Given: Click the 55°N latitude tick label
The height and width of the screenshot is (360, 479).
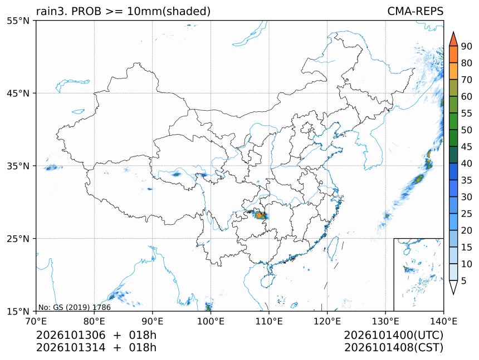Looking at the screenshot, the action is tap(18, 21).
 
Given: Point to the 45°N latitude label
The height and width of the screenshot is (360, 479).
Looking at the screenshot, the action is tap(18, 93).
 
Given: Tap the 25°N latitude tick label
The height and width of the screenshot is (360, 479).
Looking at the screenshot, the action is tap(18, 239).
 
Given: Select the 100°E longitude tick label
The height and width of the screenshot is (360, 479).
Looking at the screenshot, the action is tap(211, 321).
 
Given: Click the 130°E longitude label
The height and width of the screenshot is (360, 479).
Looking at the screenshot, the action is tap(385, 321).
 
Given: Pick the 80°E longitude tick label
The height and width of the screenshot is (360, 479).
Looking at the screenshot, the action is tap(94, 321).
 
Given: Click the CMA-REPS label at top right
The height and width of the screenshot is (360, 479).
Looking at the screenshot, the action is tap(415, 11).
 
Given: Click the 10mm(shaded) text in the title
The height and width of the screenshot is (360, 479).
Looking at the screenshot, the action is tap(169, 12).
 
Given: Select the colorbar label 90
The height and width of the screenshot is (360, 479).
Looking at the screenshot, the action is tap(467, 46).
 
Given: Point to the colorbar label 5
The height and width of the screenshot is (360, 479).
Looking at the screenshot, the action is tap(464, 280).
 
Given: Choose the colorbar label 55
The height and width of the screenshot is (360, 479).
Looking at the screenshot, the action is tap(467, 114).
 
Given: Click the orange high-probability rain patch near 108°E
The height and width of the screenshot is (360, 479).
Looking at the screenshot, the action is tap(260, 215).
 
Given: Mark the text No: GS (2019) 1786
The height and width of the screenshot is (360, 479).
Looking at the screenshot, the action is tap(75, 307).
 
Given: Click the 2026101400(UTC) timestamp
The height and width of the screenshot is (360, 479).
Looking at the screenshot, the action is tap(393, 335).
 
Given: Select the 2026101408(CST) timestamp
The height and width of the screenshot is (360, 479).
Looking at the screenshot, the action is tap(393, 348).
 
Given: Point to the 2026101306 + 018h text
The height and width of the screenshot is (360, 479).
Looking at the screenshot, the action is tap(96, 335).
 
